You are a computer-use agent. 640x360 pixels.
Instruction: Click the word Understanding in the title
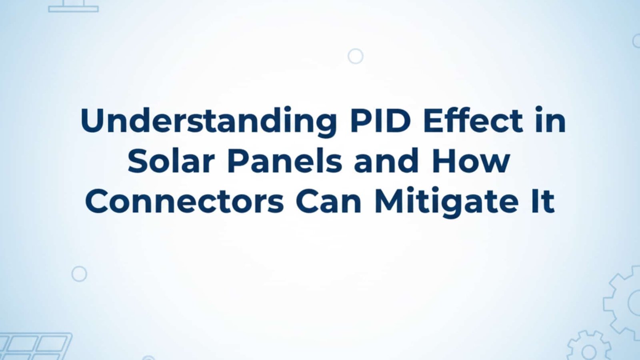tap(208, 121)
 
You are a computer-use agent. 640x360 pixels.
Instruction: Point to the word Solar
tap(172, 161)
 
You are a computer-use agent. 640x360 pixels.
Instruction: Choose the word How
tap(471, 161)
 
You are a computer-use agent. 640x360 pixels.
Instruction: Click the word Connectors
tap(184, 201)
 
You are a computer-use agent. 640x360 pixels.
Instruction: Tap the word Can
tap(328, 201)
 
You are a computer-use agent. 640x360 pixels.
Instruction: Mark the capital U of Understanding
tap(92, 120)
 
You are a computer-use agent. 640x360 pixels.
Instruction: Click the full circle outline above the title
tap(356, 56)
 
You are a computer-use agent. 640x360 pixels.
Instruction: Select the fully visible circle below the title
tap(79, 274)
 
